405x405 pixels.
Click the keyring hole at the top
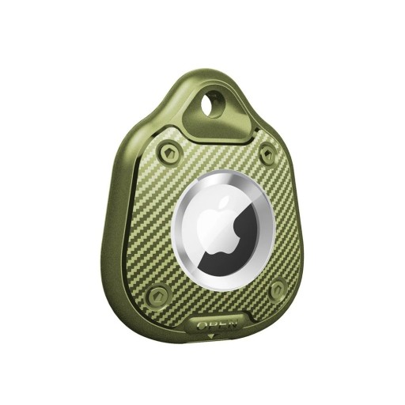212,104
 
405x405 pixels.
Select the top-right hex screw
267,154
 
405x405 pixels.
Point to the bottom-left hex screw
160,296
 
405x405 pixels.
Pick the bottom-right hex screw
278,291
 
